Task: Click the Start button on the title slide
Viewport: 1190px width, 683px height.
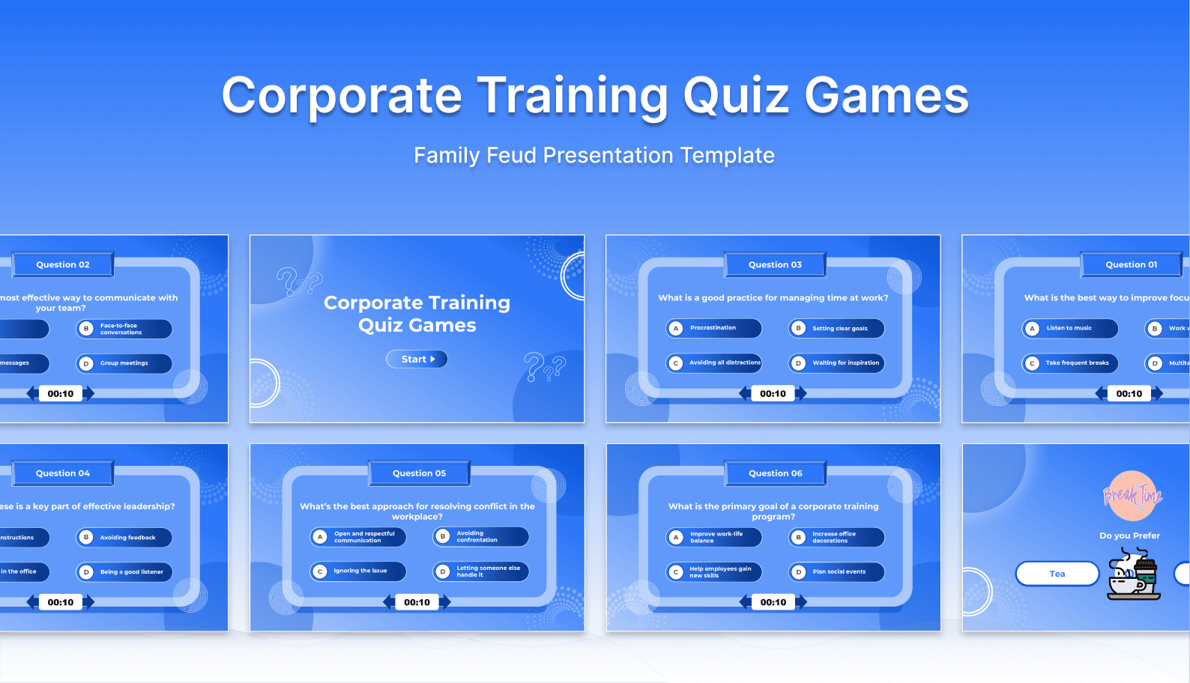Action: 417,359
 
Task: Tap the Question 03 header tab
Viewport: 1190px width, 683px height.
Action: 775,264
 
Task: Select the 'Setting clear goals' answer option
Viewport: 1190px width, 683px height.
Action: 836,328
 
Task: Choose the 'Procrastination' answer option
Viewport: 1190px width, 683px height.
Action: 713,328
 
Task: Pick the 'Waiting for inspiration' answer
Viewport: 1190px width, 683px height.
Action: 836,363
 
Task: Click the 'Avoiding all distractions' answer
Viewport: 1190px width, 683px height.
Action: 713,363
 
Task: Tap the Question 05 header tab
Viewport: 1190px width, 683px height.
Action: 419,473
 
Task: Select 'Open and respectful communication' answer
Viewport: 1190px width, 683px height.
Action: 358,537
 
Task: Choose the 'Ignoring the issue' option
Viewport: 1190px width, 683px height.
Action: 358,571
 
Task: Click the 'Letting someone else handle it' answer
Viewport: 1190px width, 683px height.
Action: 480,571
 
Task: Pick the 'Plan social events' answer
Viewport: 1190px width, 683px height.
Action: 836,572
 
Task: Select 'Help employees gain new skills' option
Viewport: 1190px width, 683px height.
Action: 713,572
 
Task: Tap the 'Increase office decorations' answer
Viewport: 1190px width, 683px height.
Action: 836,538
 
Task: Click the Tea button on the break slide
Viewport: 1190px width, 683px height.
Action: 1057,574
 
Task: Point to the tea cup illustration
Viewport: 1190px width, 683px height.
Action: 1132,575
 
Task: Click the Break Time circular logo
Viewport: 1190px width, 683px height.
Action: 1132,495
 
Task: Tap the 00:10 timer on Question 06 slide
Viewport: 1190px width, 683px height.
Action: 773,602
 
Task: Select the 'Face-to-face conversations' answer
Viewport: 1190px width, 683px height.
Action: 124,329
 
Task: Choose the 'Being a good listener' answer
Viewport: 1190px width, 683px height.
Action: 124,572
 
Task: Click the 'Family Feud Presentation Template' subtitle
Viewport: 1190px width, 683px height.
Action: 594,155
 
